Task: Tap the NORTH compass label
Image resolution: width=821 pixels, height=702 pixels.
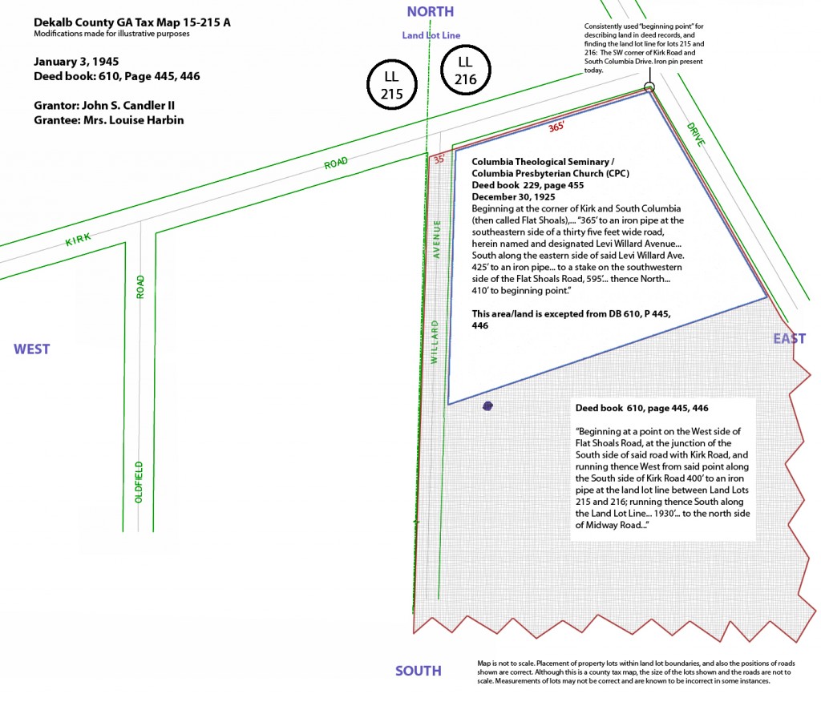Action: click(431, 11)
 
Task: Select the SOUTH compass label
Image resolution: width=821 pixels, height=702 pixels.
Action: click(419, 671)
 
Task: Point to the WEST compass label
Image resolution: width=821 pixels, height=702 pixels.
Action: click(32, 349)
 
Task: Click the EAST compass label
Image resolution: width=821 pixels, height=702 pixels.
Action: click(790, 339)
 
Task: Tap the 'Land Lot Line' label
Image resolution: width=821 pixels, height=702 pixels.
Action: click(431, 35)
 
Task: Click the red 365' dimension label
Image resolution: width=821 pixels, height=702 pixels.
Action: click(556, 127)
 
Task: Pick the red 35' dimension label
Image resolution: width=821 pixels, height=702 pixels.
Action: click(439, 159)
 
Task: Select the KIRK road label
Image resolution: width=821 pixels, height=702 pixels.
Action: click(78, 240)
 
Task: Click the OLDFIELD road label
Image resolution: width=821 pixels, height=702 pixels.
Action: click(139, 482)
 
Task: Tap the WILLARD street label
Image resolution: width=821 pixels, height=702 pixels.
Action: click(434, 342)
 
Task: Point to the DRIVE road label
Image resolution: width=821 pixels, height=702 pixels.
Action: click(696, 134)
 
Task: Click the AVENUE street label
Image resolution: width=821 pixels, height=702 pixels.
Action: click(437, 240)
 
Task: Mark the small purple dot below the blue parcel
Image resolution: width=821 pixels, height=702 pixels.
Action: click(487, 405)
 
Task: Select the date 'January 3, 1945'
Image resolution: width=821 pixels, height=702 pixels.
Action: click(76, 61)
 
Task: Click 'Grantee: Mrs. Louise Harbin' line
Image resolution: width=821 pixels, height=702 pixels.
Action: click(109, 120)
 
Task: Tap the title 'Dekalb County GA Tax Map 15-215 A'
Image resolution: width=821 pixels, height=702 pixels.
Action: click(132, 22)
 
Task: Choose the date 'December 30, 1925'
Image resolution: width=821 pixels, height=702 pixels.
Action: click(513, 197)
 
